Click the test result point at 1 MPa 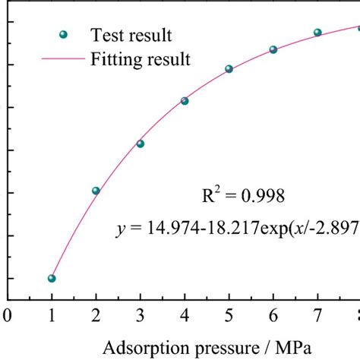click(52, 278)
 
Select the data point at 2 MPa click(96, 191)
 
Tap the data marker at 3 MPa click(141, 144)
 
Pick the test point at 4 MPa click(185, 101)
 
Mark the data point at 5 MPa click(229, 69)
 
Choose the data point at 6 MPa click(273, 49)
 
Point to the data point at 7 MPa click(317, 33)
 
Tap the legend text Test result click(131, 35)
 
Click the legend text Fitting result click(140, 58)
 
